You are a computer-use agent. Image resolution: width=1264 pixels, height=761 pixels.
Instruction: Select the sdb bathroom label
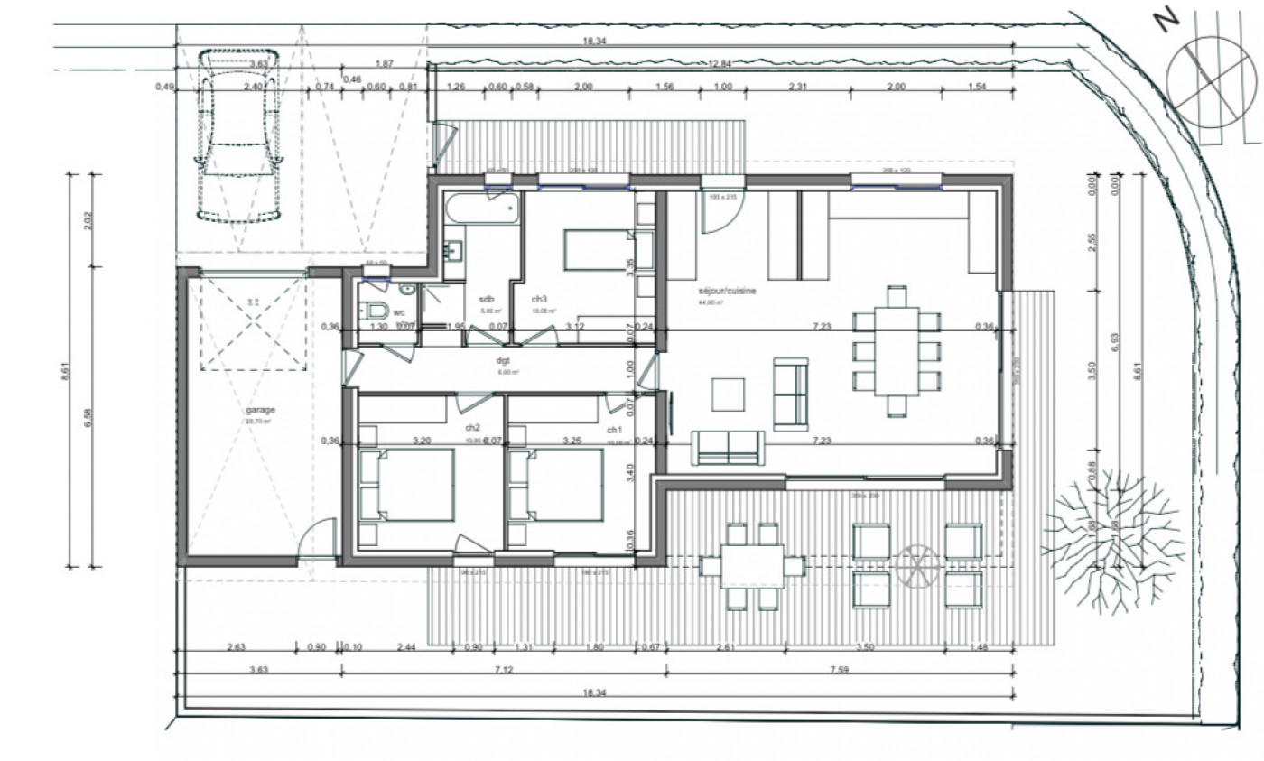click(x=487, y=300)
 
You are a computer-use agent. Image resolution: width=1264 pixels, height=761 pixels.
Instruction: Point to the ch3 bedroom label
click(x=539, y=300)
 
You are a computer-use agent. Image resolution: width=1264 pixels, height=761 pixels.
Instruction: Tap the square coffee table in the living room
click(x=729, y=394)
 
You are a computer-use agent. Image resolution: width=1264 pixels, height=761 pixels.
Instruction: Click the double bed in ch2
click(x=407, y=486)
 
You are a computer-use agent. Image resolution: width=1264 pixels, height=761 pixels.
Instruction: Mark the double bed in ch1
click(x=555, y=486)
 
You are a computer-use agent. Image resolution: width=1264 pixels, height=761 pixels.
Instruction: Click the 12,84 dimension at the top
click(x=720, y=62)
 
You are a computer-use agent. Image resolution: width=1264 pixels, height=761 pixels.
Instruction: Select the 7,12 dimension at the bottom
click(x=504, y=670)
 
